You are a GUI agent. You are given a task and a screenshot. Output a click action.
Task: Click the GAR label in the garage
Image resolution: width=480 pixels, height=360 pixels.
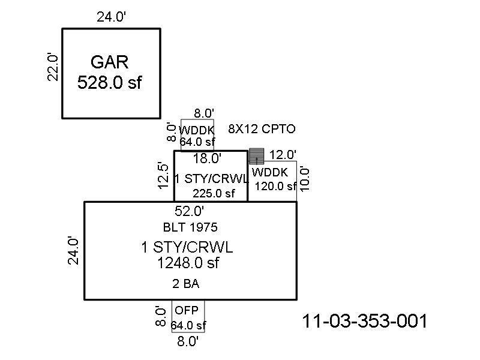tap(110, 62)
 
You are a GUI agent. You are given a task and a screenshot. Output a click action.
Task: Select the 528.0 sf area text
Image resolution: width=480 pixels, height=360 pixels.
tap(110, 82)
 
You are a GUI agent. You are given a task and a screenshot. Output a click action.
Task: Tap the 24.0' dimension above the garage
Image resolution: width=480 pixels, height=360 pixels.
tap(112, 17)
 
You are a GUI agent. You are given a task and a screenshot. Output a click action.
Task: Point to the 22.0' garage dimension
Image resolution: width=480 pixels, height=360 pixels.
tap(54, 66)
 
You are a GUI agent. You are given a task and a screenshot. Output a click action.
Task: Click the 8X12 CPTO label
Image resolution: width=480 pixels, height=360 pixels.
tap(262, 129)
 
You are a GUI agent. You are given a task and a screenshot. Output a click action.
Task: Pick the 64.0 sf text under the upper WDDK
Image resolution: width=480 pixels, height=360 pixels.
tap(197, 142)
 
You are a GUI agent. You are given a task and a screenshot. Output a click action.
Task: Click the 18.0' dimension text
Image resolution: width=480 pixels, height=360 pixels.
tap(207, 159)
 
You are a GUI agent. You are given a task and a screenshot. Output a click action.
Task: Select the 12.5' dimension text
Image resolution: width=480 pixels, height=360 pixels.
tap(162, 175)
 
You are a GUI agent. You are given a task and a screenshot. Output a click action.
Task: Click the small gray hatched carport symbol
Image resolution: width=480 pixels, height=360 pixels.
tap(257, 156)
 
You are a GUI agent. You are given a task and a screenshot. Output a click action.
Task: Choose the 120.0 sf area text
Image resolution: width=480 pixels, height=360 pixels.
tap(275, 186)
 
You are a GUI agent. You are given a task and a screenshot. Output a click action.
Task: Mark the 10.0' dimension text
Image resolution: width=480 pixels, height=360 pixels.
tap(305, 177)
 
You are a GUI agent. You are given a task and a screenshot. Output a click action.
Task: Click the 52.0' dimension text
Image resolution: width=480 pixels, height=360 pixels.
tap(189, 211)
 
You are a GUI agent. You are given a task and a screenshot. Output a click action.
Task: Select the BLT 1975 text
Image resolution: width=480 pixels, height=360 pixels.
tap(190, 227)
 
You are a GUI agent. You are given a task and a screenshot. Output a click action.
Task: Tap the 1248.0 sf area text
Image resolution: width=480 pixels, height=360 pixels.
tap(188, 263)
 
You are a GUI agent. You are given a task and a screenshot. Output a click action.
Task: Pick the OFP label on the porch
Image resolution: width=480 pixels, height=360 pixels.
tap(185, 311)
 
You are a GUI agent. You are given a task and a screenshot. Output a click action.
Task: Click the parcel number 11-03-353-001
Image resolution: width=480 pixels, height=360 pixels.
tap(365, 322)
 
